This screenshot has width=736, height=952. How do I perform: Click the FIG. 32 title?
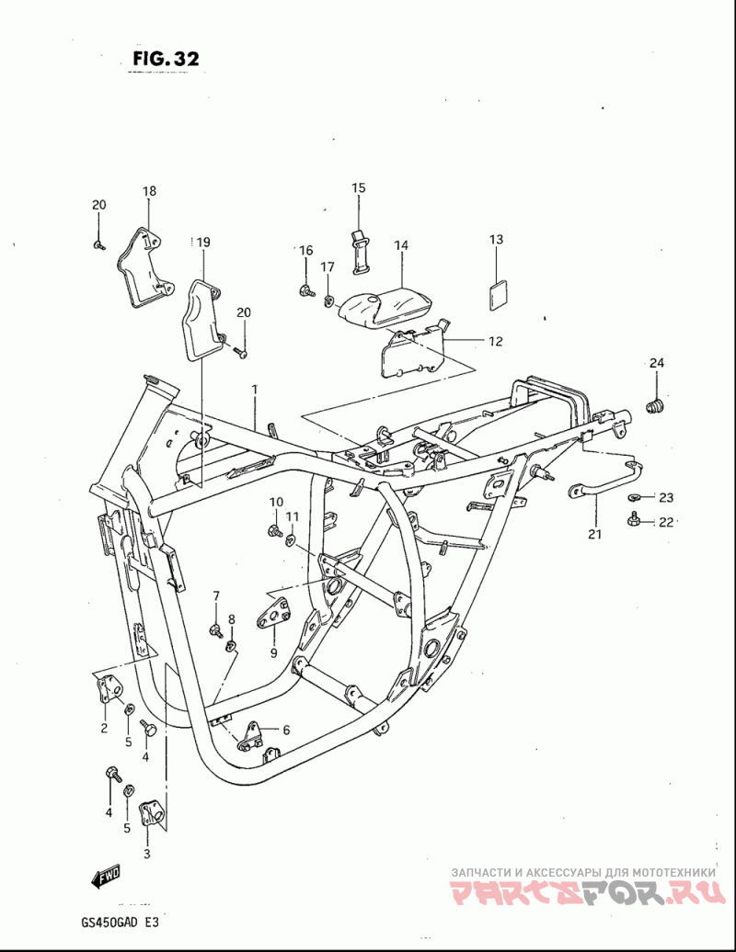click(166, 58)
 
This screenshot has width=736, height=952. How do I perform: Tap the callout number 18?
click(149, 190)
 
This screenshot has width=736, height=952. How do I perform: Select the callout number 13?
click(497, 239)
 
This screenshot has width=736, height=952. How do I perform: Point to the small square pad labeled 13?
click(498, 295)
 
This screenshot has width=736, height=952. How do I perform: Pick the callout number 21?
click(594, 534)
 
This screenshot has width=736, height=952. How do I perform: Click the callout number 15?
click(359, 187)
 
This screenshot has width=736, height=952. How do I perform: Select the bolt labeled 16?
click(305, 290)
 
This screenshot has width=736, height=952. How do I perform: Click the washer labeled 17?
click(328, 300)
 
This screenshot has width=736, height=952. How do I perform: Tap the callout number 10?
click(277, 502)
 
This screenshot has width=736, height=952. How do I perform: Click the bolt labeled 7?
click(215, 629)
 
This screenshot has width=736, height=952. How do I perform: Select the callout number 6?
click(286, 731)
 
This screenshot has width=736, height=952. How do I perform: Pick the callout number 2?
click(104, 728)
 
